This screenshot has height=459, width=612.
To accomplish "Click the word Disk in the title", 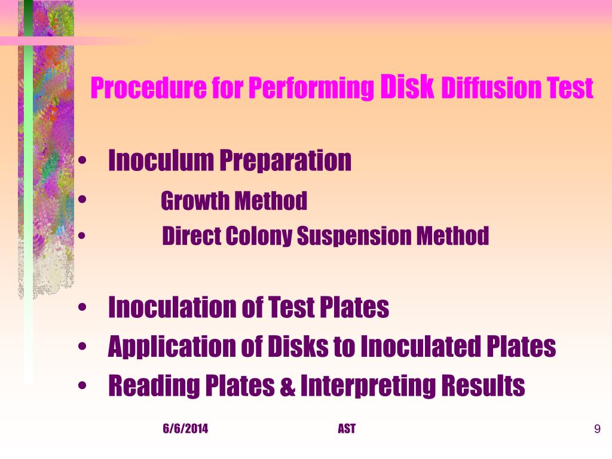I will [x=407, y=87].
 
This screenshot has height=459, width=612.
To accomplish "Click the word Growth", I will [x=195, y=201].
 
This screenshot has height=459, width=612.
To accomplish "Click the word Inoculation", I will [x=173, y=308].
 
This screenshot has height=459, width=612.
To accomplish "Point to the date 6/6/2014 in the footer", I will [x=185, y=429].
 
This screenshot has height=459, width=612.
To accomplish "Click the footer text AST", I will [x=346, y=429].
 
